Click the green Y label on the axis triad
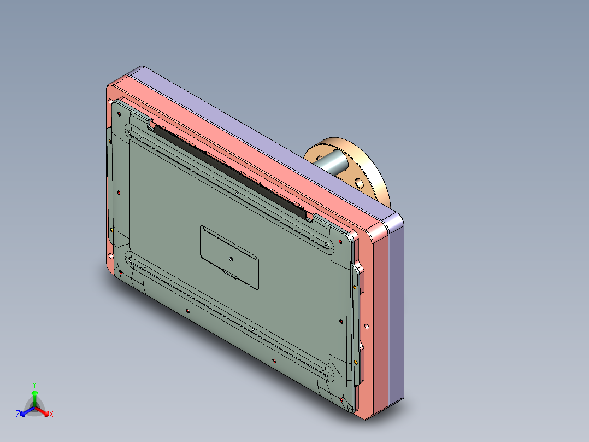tap(34, 385)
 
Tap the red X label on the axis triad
tap(51, 415)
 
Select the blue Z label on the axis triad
tap(18, 415)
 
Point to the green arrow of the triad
tap(34, 396)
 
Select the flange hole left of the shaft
tap(316, 156)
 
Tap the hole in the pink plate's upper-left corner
tap(111, 102)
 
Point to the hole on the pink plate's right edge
tap(367, 328)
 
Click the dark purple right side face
tap(397, 312)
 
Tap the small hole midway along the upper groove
tap(237, 193)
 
